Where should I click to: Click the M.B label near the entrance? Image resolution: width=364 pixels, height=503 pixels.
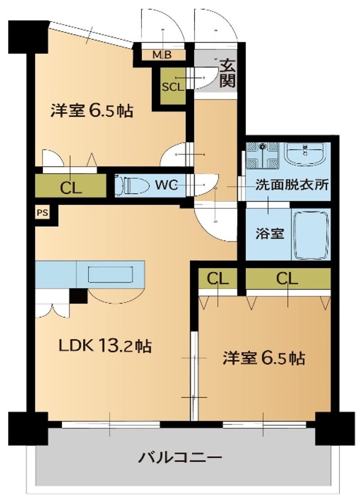pyautogui.click(x=162, y=55)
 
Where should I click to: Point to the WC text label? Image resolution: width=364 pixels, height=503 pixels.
pyautogui.click(x=167, y=185)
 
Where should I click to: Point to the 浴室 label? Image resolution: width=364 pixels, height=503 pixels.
pyautogui.click(x=269, y=234)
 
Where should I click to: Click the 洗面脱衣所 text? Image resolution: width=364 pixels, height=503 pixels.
pyautogui.click(x=292, y=185)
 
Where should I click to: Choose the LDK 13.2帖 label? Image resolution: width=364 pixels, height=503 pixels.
pyautogui.click(x=105, y=346)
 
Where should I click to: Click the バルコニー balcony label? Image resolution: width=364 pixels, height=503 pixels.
pyautogui.click(x=180, y=458)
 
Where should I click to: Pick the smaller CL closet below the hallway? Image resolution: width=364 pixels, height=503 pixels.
pyautogui.click(x=218, y=279)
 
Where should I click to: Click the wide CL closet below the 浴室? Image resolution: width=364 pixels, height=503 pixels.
pyautogui.click(x=287, y=279)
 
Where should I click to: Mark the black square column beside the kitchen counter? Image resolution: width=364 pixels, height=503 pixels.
pyautogui.click(x=79, y=296)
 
